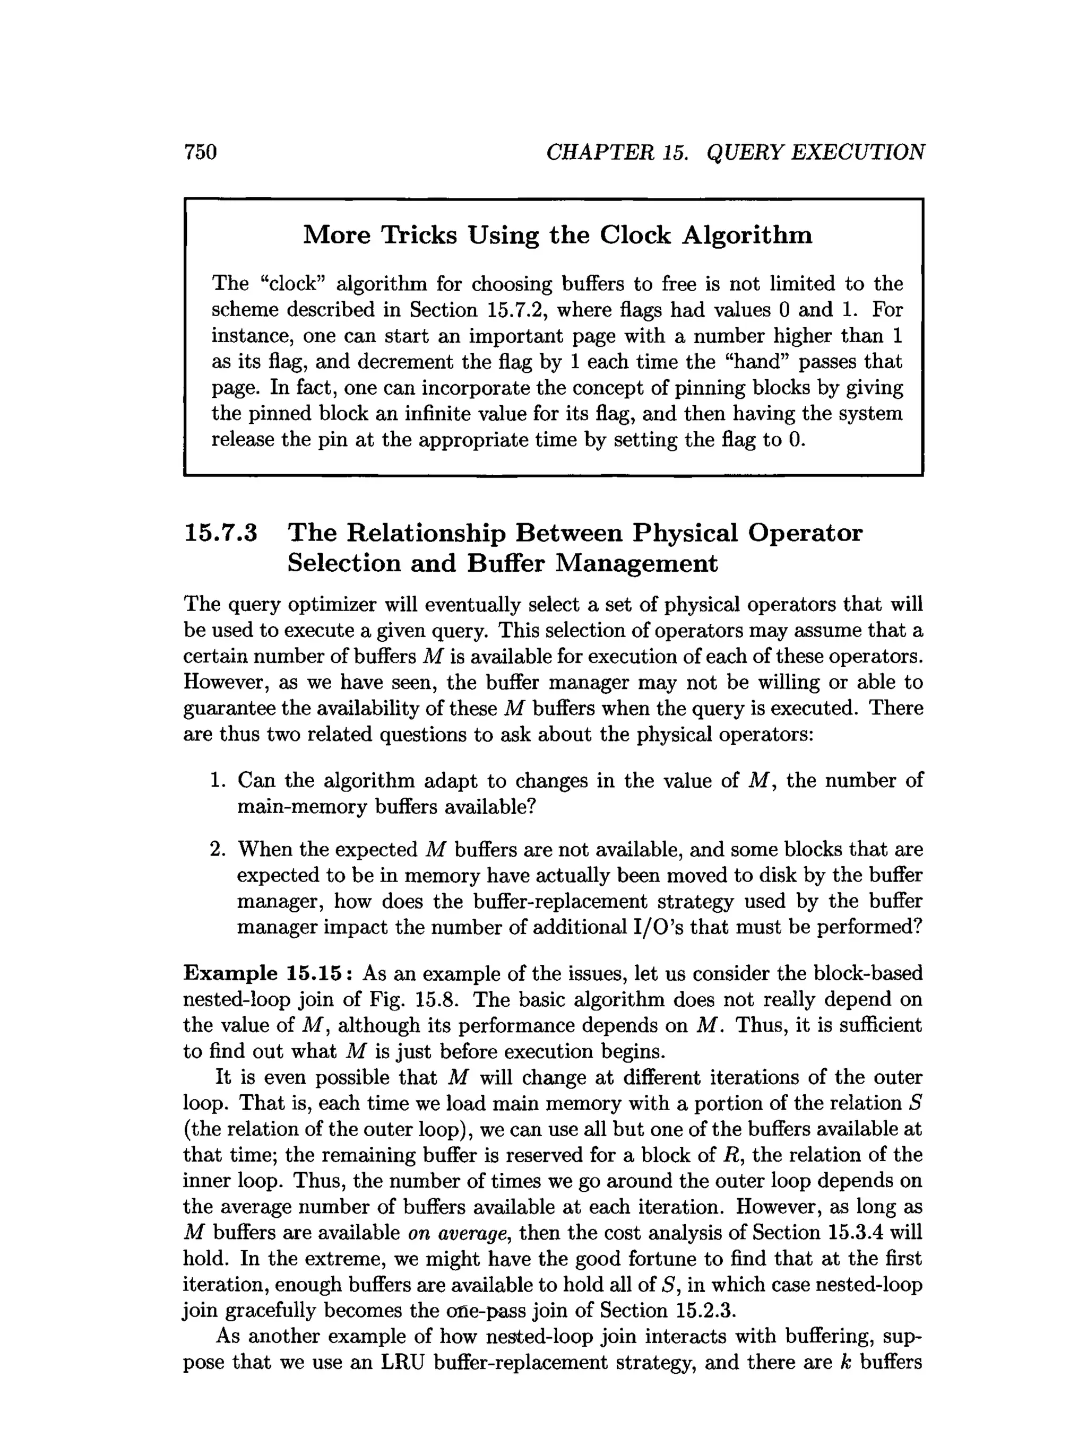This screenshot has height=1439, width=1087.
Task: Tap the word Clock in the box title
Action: point(635,235)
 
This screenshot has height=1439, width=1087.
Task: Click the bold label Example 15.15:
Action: point(268,973)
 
